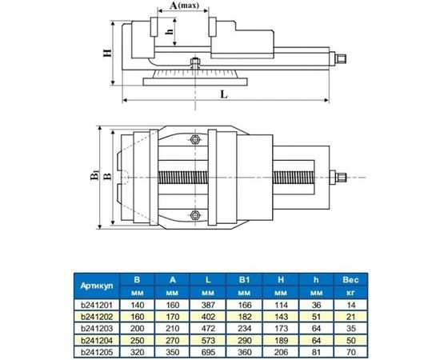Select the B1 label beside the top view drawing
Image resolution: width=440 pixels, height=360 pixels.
coord(94,174)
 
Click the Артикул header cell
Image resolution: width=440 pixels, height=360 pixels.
coord(97,286)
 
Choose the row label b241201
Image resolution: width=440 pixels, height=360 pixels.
coord(97,305)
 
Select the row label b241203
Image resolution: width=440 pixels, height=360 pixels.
coord(97,327)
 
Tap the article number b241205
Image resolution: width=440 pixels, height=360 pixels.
coord(97,350)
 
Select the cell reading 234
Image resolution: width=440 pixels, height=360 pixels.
coord(245,327)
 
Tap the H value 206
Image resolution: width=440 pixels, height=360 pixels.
coord(280,350)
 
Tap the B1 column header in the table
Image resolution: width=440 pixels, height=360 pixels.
coord(245,280)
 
